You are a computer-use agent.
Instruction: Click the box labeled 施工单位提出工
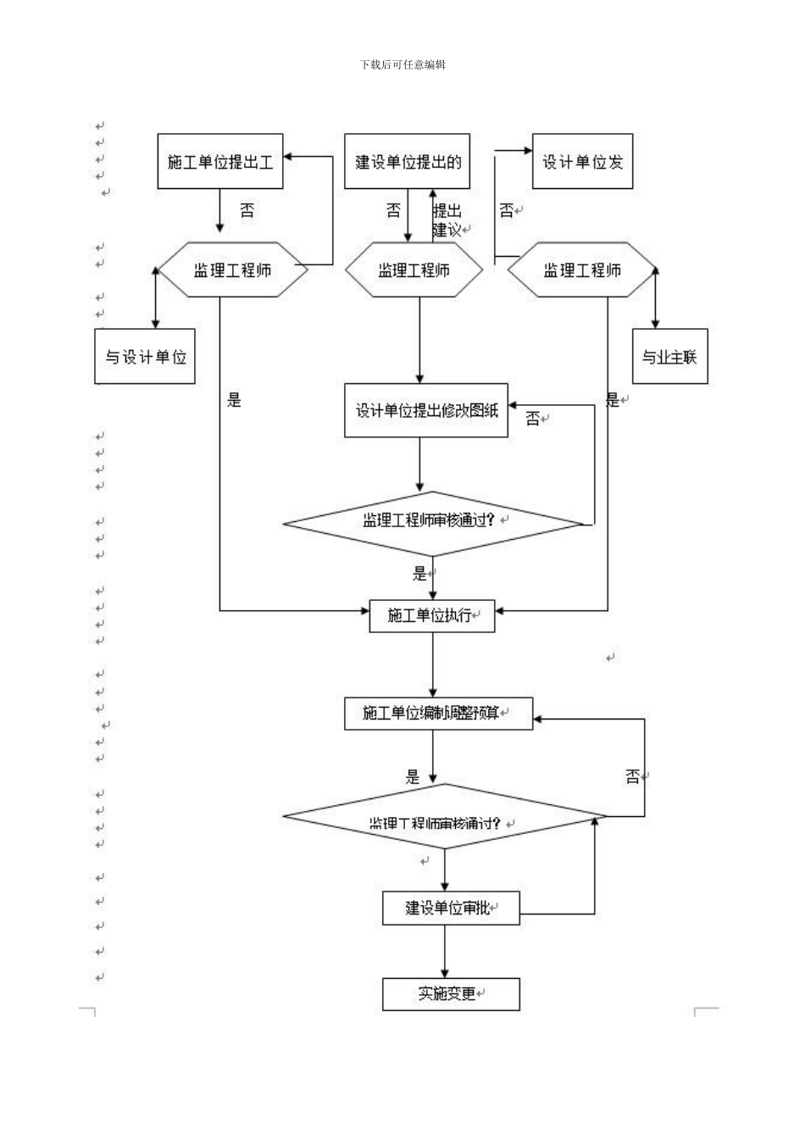(219, 161)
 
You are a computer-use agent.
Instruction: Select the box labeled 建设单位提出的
(408, 161)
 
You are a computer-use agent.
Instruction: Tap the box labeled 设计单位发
(582, 161)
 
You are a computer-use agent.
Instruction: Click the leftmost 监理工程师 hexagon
(232, 270)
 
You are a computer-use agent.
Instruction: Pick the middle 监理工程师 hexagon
(414, 270)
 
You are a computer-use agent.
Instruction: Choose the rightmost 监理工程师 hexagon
(581, 270)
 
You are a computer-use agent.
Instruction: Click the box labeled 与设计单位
(145, 357)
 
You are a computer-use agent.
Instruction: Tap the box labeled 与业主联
(669, 357)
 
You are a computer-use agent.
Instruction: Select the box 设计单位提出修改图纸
(426, 411)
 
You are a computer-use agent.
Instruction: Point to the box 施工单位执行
(432, 615)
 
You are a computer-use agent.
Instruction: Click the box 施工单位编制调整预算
(438, 713)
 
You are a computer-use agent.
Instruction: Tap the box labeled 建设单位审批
(450, 908)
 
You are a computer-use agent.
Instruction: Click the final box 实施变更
(450, 993)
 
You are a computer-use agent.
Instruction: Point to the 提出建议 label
(448, 220)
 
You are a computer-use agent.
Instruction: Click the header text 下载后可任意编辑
(402, 64)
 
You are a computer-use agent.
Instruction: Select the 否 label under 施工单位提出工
(246, 210)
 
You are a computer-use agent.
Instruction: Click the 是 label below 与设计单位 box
(234, 400)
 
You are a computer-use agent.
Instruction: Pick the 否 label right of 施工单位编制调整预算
(633, 775)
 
